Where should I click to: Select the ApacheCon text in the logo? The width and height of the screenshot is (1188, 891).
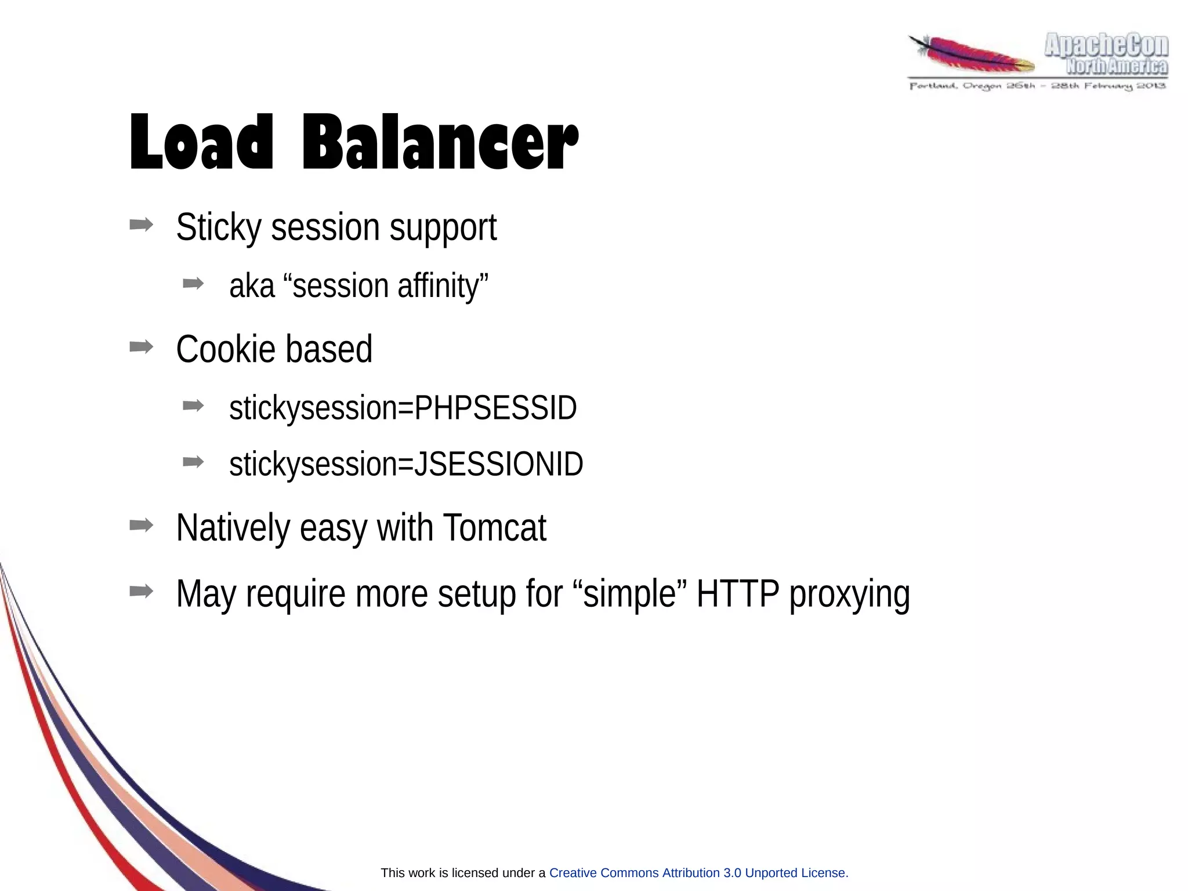[x=1106, y=46]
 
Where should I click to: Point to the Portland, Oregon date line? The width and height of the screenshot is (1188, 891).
[x=1037, y=86]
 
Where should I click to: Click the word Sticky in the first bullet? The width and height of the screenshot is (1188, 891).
[x=219, y=227]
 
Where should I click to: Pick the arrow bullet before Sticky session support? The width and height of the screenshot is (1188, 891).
[x=141, y=224]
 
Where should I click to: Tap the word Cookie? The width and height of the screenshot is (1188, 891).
[x=225, y=350]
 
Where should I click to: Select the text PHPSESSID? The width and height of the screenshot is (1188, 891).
[x=495, y=408]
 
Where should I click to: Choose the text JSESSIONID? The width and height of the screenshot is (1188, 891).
[x=498, y=464]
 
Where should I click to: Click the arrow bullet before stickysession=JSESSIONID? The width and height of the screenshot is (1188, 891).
[x=193, y=462]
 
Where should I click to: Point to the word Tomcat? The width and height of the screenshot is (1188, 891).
[x=494, y=528]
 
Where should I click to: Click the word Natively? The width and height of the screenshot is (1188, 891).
[x=233, y=528]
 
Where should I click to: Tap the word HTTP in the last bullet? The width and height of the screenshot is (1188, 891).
[x=737, y=594]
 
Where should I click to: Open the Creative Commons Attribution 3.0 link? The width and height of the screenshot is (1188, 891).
[x=698, y=873]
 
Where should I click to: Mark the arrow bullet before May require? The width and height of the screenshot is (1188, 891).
[x=141, y=592]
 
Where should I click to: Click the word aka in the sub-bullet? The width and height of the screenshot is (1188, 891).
[x=252, y=286]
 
